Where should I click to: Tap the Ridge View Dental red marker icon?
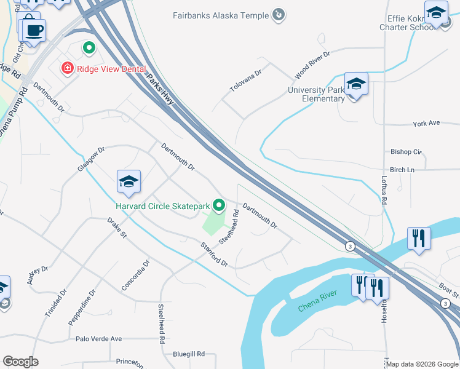pos(66,68)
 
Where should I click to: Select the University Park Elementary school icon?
pos(356,84)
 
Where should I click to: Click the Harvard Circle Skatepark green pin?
pos(218,205)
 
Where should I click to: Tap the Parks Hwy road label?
pos(161,89)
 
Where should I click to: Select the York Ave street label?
pos(426,123)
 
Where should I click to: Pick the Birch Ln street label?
pos(402,170)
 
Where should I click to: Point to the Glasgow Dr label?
pos(92,159)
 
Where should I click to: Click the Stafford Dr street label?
pos(214,255)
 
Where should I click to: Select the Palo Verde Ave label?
pos(98,338)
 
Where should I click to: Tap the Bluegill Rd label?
pos(188,354)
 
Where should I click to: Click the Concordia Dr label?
pos(136,275)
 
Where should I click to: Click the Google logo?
pos(20,362)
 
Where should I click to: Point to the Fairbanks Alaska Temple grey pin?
pos(279,14)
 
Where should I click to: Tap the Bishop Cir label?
pos(406,151)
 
